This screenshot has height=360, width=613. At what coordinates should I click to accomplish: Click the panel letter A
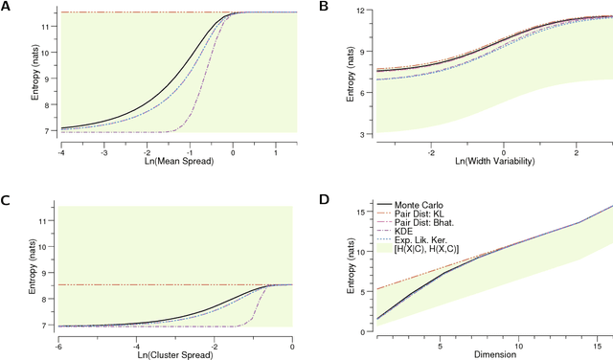coord(7,8)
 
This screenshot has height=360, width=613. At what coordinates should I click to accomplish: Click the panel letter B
coord(324,8)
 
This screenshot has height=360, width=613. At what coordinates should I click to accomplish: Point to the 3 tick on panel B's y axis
coord(363,134)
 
